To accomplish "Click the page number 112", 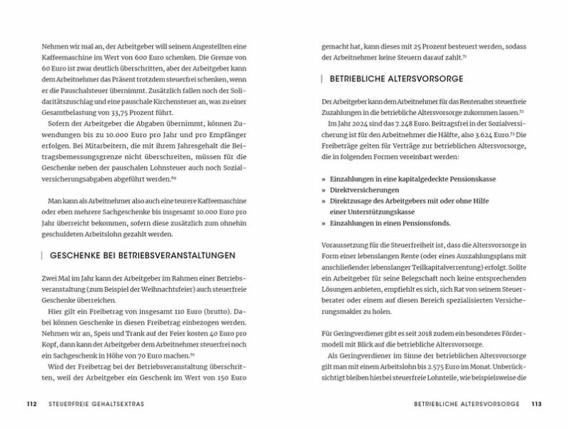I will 31,404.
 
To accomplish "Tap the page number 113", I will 537,404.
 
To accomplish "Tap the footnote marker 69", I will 173,178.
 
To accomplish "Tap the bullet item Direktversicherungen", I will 364,190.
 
